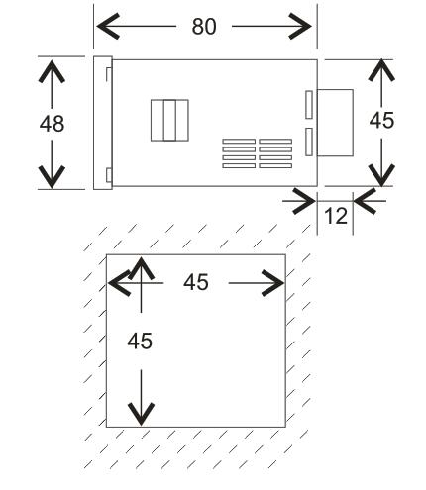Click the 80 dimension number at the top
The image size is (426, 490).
pyautogui.click(x=204, y=27)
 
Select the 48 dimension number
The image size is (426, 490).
pyautogui.click(x=52, y=124)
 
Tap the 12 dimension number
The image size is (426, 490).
pyautogui.click(x=336, y=216)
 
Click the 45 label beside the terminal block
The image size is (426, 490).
pyautogui.click(x=381, y=120)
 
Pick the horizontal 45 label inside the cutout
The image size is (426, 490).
pyautogui.click(x=196, y=282)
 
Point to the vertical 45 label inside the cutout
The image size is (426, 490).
pyautogui.click(x=140, y=341)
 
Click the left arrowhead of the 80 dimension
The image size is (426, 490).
pyautogui.click(x=108, y=26)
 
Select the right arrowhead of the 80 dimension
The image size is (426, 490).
pyautogui.click(x=300, y=26)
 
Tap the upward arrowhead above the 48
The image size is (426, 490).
pyautogui.click(x=52, y=71)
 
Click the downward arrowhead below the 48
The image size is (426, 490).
pyautogui.click(x=52, y=177)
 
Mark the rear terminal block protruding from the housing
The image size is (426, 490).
pyautogui.click(x=335, y=123)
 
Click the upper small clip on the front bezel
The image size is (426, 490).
pyautogui.click(x=109, y=74)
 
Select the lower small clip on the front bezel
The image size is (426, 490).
pyautogui.click(x=109, y=175)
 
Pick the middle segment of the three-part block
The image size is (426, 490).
pyautogui.click(x=169, y=120)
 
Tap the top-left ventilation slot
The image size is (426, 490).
pyautogui.click(x=239, y=142)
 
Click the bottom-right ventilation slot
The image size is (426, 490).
pyautogui.click(x=275, y=165)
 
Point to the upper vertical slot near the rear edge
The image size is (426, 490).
pyautogui.click(x=309, y=105)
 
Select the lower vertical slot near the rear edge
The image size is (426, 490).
pyautogui.click(x=309, y=142)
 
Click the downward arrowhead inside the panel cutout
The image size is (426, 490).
pyautogui.click(x=141, y=414)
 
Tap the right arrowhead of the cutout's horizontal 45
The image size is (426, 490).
pyautogui.click(x=272, y=283)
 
